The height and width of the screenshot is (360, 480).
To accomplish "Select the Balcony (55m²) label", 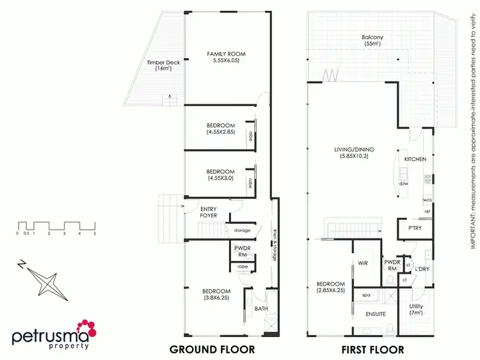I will (372, 41).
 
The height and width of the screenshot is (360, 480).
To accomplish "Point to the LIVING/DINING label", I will (354, 153).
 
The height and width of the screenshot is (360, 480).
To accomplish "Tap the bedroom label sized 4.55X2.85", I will (221, 129).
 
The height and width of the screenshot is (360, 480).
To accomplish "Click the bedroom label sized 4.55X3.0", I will (221, 175).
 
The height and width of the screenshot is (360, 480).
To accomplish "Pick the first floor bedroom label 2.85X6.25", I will (331, 287).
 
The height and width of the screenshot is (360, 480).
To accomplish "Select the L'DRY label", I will (422, 269).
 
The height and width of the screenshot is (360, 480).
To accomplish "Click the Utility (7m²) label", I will (416, 309).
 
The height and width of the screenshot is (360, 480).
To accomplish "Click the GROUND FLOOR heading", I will (212, 349).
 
